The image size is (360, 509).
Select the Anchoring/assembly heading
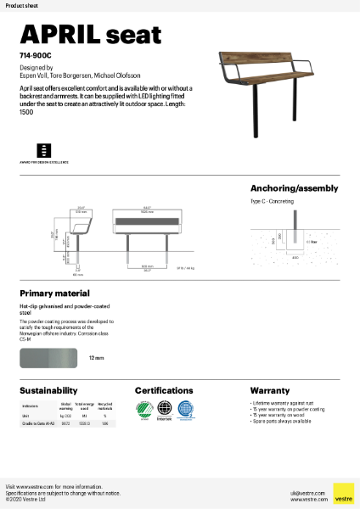click(294, 188)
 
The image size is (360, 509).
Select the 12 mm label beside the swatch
click(96, 359)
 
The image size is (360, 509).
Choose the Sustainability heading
click(49, 391)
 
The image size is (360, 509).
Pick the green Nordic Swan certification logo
click(143, 409)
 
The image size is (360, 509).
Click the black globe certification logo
click(164, 409)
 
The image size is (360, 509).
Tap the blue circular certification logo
click(185, 408)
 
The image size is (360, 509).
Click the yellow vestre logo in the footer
click(343, 493)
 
